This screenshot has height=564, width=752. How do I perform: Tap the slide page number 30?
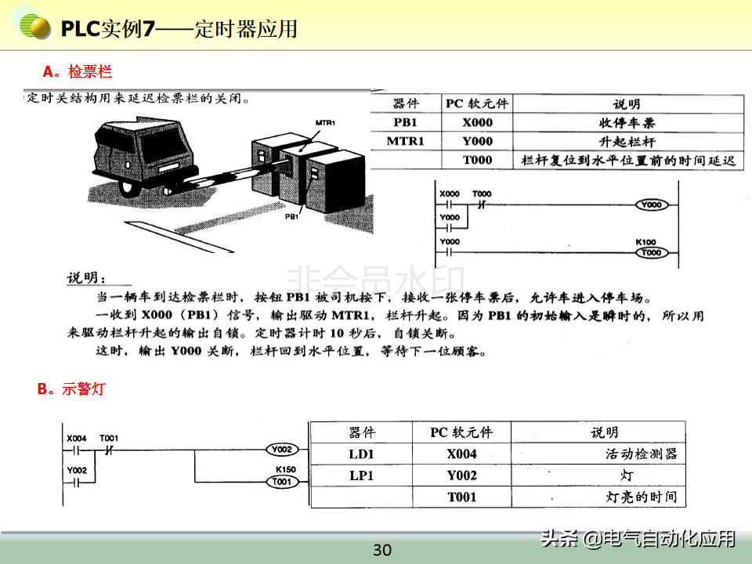(381, 550)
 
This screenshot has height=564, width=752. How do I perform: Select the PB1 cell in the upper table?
(405, 122)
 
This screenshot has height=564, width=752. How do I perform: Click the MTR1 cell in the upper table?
(405, 141)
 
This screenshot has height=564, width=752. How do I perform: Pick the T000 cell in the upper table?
(477, 160)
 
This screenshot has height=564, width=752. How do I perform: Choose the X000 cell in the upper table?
(477, 122)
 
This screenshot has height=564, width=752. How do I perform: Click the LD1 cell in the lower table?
(362, 454)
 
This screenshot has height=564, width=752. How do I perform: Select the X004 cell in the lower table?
(462, 454)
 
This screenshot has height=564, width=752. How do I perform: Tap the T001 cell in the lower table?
(462, 497)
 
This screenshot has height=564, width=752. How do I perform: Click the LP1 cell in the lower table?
(362, 475)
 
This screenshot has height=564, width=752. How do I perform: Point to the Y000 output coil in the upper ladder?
(651, 204)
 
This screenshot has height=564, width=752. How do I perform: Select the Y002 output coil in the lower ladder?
(281, 450)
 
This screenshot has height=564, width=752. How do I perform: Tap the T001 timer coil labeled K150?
(281, 482)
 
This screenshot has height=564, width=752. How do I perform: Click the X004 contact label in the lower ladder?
(77, 438)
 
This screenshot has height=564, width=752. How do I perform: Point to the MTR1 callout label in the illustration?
(325, 124)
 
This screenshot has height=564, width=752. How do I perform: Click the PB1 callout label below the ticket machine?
(291, 217)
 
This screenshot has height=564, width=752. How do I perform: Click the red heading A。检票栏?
(78, 72)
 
